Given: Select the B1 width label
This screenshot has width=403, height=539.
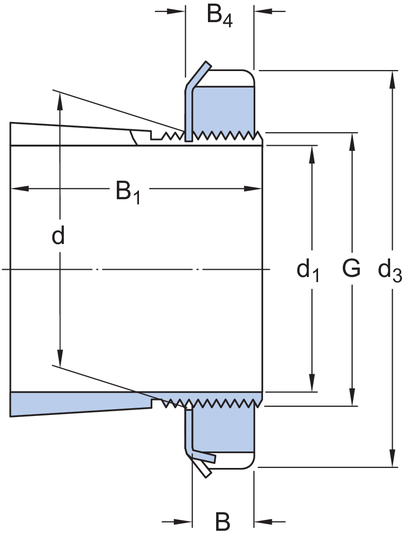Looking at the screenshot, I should tap(128, 193).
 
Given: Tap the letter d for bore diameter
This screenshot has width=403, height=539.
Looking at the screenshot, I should tap(59, 236).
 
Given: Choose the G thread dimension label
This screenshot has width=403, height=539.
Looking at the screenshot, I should tap(351, 268).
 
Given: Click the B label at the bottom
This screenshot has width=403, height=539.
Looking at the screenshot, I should tap(222, 522).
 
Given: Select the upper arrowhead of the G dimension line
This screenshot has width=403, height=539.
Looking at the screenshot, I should tap(352, 140).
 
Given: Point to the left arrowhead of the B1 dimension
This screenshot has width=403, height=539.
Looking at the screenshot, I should tap(18, 188).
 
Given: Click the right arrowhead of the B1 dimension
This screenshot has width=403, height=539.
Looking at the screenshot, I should tap(255, 188).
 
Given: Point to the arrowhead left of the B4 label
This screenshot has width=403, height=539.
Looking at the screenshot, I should tap(178, 10).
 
